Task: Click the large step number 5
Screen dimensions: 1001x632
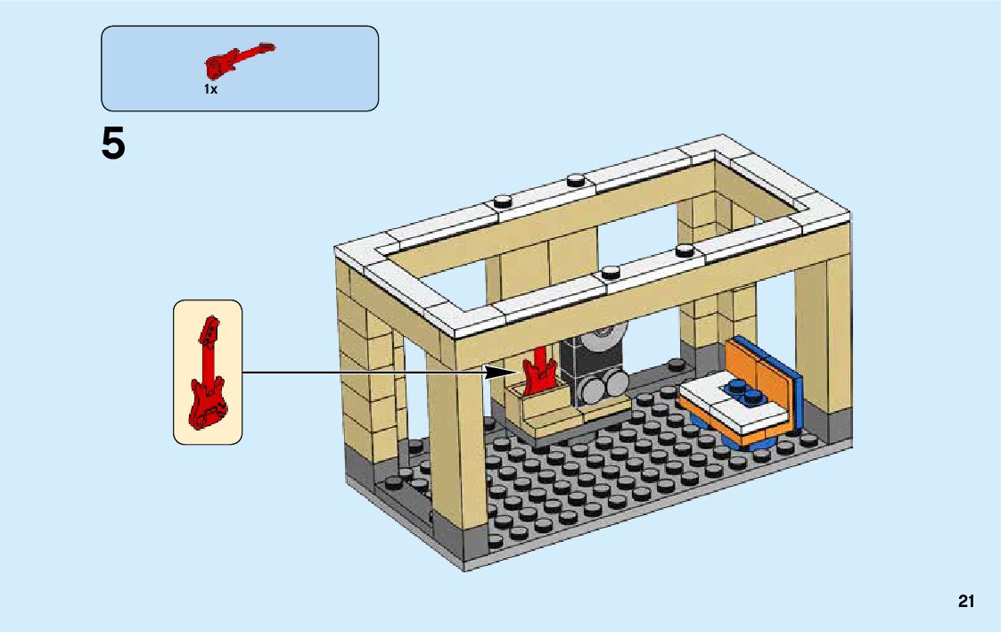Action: click(113, 144)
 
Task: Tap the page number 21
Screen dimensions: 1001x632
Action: click(966, 602)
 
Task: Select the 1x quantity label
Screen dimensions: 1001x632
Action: click(210, 90)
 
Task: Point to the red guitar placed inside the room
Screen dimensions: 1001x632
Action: click(538, 373)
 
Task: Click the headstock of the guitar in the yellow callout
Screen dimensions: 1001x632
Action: click(210, 329)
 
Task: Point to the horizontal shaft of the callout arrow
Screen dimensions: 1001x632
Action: click(365, 372)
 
